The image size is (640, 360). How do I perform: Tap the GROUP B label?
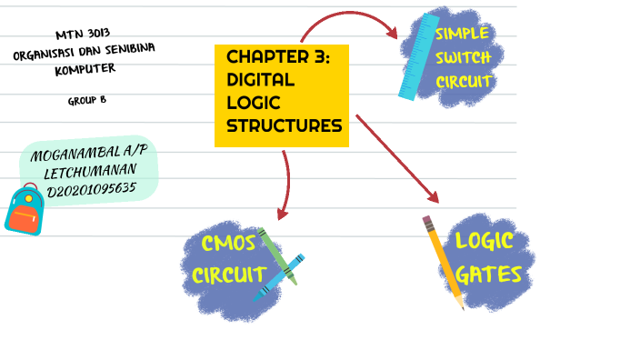click(86, 100)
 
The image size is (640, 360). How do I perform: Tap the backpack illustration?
click(25, 210)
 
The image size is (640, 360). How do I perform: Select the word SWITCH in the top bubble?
click(464, 58)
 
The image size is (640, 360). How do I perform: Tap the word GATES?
click(489, 275)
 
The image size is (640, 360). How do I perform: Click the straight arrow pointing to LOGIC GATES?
click(396, 157)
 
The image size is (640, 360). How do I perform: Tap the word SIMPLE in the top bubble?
click(462, 35)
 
